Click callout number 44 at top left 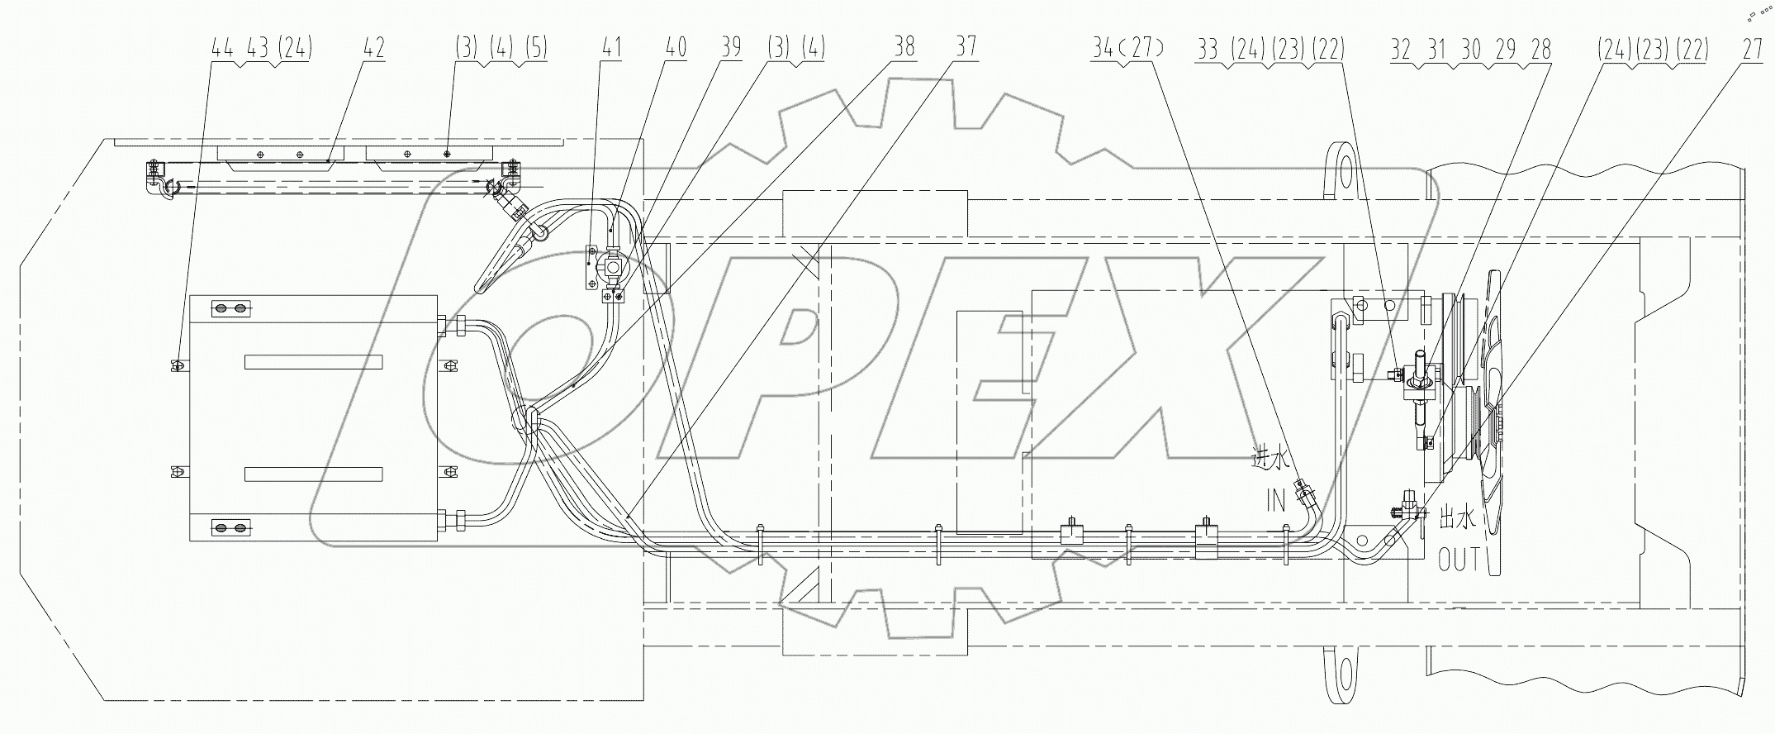click(222, 49)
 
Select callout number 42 click(373, 49)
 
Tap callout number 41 click(611, 49)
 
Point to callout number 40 click(676, 49)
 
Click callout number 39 click(730, 49)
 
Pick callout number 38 click(904, 47)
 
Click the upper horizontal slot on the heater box click(313, 362)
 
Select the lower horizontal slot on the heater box click(313, 474)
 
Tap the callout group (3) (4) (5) click(501, 49)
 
